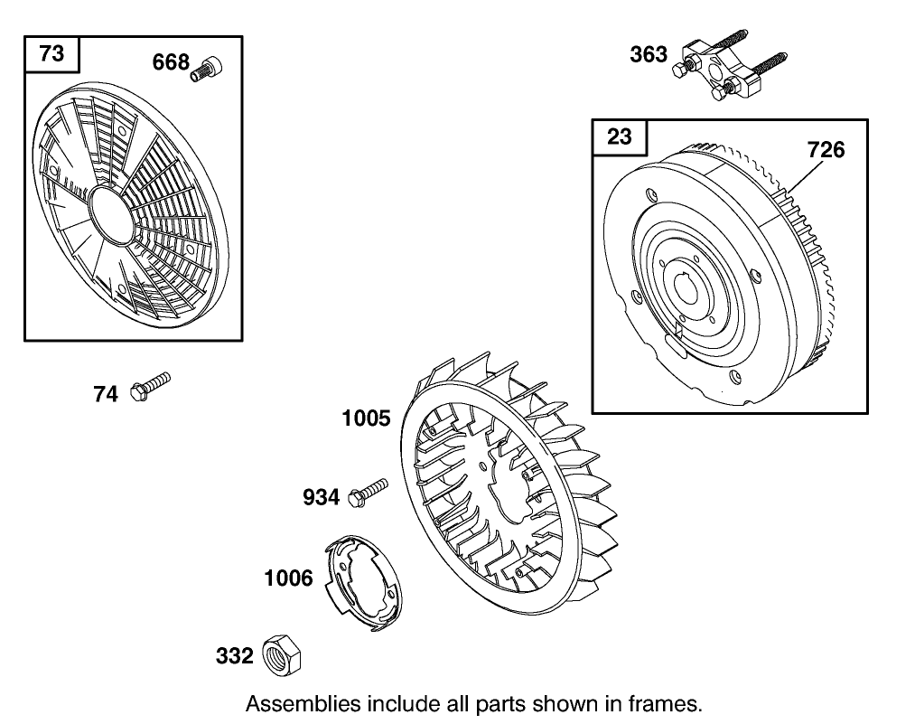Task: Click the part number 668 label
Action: (x=171, y=61)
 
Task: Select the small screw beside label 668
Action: (x=207, y=70)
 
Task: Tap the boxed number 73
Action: (x=51, y=53)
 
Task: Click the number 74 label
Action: (x=106, y=394)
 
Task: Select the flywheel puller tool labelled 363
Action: (x=730, y=66)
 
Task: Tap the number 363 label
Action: (x=649, y=54)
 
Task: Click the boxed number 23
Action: (x=619, y=136)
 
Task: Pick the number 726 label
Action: (x=826, y=150)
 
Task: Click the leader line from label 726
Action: (x=807, y=176)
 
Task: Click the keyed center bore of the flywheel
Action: (x=690, y=288)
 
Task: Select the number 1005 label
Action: (x=366, y=418)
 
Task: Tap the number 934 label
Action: (x=321, y=497)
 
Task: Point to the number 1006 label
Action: (x=289, y=578)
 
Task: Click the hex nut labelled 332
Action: (x=282, y=655)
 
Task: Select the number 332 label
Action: (x=235, y=655)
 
